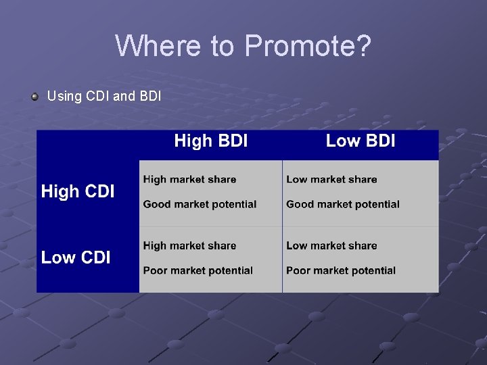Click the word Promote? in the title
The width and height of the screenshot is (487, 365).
coord(308,46)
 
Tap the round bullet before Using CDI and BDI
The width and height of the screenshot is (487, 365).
coord(34,96)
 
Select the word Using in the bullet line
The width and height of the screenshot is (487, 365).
coord(64,96)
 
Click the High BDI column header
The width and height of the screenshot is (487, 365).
coord(210,141)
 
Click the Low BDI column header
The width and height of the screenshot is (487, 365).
coord(360,141)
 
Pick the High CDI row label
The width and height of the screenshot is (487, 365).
coord(78,191)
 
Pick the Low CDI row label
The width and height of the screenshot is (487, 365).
coord(76,258)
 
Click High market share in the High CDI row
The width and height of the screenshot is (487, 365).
coord(189,179)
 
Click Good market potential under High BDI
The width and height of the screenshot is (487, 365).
coord(200,204)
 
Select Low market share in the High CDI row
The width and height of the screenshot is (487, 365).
coord(331,179)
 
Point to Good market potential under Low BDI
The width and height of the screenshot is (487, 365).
coord(343,204)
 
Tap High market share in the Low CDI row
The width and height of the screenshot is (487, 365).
coord(189,245)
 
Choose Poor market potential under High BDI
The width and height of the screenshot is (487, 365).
coord(198,270)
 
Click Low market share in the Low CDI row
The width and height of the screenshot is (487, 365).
coord(331,245)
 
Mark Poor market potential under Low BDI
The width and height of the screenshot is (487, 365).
coord(341,270)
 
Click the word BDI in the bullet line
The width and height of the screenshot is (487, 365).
coord(149,96)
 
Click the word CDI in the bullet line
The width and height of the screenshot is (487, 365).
coord(98,96)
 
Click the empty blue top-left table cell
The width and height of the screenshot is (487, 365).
coord(88,145)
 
